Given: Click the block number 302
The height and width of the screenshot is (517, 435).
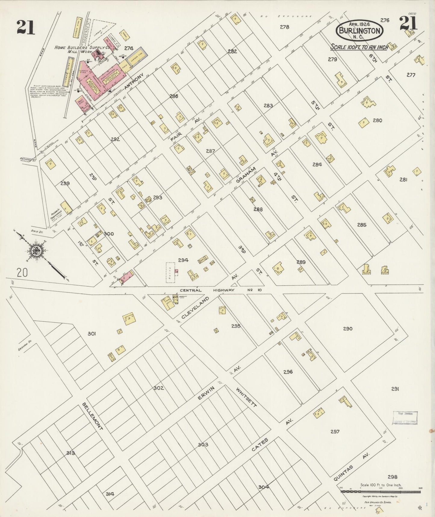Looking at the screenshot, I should point(159,388).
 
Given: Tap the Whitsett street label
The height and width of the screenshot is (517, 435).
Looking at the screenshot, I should point(247,397).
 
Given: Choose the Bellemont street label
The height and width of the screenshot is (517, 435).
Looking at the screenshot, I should point(93,416).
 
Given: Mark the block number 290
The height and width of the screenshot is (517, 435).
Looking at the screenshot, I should point(348,329).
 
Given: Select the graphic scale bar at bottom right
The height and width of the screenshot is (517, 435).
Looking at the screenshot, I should point(381,491).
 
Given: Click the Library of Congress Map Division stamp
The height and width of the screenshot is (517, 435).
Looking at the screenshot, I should point(405,418).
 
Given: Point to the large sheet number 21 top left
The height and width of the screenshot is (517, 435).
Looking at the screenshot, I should point(26,27).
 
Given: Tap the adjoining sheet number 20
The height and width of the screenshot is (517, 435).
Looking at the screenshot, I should point(23,273).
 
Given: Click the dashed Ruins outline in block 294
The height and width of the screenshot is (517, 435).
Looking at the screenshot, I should point(170,272).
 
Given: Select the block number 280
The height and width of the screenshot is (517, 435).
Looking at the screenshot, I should point(377,120).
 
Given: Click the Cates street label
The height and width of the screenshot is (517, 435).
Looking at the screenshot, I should point(260,446).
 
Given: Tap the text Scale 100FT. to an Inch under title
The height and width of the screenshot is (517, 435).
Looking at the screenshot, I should point(359,47).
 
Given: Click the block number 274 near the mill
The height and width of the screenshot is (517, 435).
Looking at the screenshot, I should point(129,48).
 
